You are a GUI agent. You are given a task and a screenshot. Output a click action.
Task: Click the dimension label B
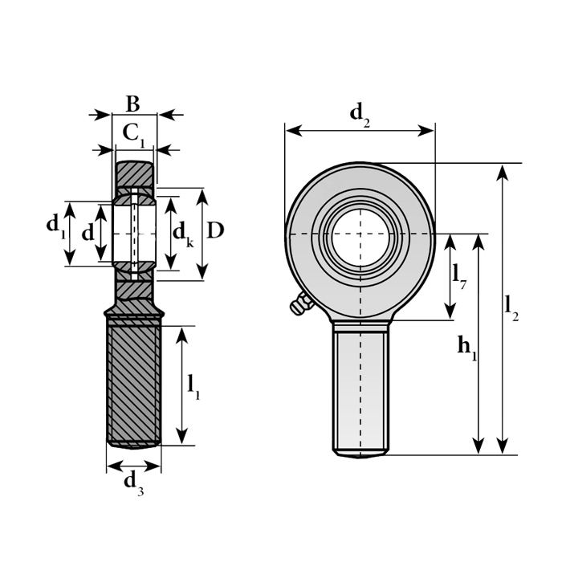[x=133, y=104]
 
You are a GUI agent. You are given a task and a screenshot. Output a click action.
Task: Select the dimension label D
[x=214, y=230]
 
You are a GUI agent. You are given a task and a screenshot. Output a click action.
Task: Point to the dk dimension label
[x=183, y=234]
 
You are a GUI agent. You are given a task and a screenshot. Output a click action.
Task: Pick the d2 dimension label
[x=360, y=114]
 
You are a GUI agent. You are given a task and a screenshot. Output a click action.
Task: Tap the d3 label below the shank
[x=133, y=483]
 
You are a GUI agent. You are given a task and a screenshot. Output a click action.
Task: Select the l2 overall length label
[x=511, y=307]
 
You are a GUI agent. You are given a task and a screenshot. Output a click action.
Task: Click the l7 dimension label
[x=459, y=277]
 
